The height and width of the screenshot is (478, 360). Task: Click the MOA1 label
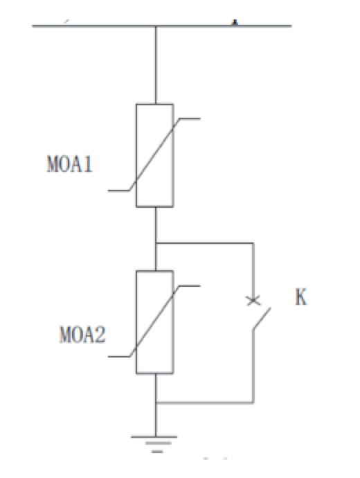69,164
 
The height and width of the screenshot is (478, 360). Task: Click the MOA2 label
82,335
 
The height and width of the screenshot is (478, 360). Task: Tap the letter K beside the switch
301,297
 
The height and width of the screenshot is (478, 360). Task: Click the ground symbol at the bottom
154,444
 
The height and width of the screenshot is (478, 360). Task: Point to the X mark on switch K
253,301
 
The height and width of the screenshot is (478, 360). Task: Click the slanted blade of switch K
262,319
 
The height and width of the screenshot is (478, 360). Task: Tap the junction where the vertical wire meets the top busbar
156,26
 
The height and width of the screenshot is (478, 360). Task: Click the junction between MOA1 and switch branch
156,243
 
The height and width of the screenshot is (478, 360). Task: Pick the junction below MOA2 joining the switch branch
156,402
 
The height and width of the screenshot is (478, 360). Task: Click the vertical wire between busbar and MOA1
156,65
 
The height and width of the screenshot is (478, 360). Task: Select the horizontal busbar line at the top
162,26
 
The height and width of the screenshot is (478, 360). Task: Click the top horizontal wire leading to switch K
204,243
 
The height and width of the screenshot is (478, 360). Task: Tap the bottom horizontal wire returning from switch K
204,402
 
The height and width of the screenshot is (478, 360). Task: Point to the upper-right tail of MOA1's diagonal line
190,118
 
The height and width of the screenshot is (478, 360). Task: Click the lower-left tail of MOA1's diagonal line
119,191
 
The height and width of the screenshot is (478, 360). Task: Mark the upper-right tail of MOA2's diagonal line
190,286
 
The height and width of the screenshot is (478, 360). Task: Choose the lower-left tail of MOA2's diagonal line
119,356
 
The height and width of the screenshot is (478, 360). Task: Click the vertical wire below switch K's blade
253,366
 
